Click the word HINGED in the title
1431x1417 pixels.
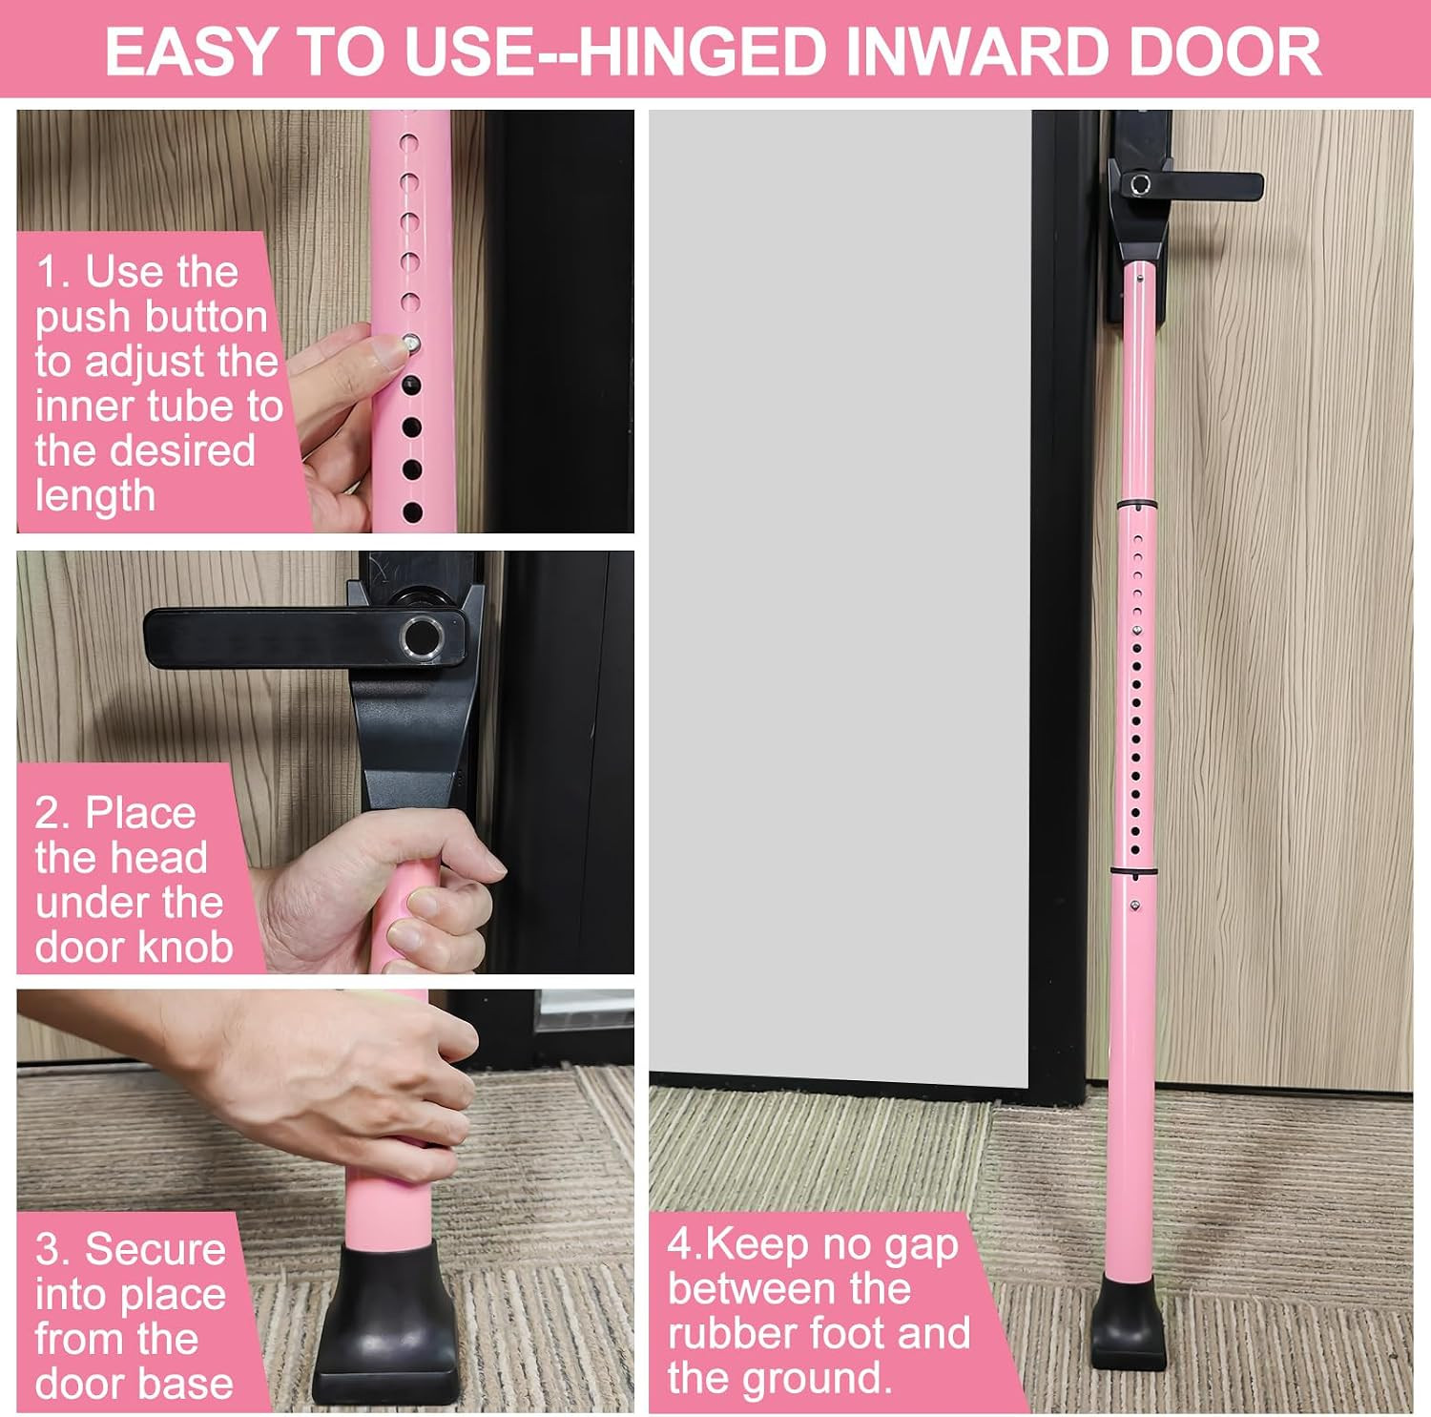coord(701,52)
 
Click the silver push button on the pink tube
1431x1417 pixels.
coord(410,343)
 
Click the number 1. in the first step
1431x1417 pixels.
coord(53,272)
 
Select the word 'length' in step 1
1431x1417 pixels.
coord(95,496)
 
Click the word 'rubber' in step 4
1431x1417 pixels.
coord(728,1333)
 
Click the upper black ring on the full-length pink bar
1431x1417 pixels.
coord(1136,504)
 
